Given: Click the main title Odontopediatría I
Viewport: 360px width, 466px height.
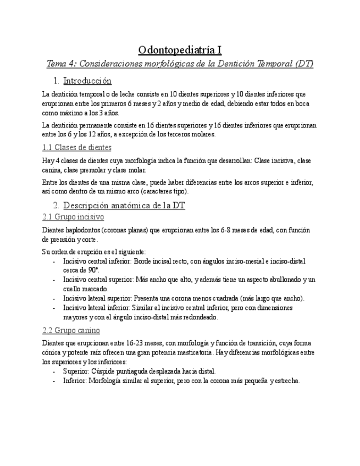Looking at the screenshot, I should (180, 50).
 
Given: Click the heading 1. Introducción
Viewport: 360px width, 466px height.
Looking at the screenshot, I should (87, 81).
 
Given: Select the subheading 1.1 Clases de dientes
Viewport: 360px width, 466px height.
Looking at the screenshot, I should (76, 147).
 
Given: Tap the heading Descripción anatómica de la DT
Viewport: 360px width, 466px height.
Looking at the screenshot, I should (124, 206).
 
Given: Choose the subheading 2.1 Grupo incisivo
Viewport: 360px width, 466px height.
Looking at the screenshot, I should (73, 217).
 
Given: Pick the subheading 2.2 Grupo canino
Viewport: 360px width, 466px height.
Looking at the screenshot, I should (71, 330).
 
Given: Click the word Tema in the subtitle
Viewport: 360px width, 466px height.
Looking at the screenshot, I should (56, 64).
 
